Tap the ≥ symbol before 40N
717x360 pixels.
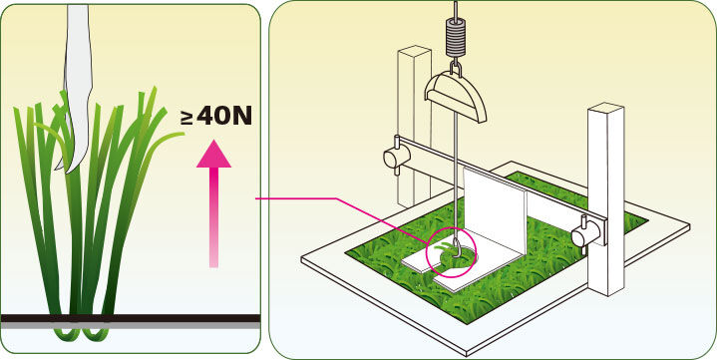point(187,118)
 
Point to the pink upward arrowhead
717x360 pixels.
point(213,155)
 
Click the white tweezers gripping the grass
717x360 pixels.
point(77,87)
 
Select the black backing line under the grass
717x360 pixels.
point(131,318)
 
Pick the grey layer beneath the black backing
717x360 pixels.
point(131,325)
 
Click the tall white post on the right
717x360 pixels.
point(605,199)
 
